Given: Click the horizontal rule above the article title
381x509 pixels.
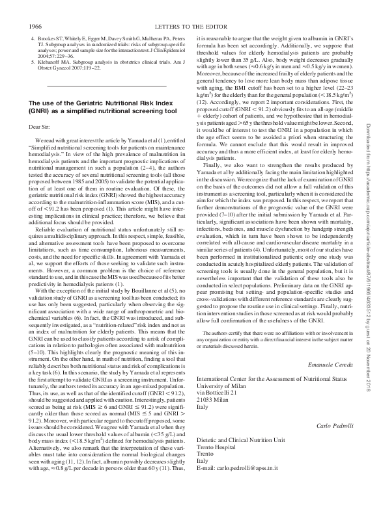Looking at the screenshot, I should pyautogui.click(x=107, y=85).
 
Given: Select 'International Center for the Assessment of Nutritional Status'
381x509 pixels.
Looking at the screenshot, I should pyautogui.click(x=273, y=379).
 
